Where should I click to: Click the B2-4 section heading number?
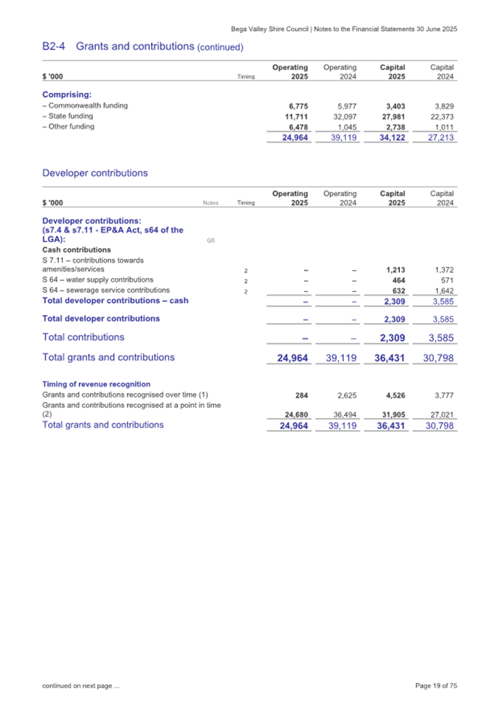pos(56,46)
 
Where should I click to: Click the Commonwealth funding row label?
pos(85,105)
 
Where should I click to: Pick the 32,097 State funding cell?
pos(344,117)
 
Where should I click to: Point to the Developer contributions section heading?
pos(95,173)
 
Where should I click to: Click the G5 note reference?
pos(211,241)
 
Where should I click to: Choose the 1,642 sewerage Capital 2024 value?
pos(443,291)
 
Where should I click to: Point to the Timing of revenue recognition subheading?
pos(97,384)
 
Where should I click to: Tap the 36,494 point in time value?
pos(344,414)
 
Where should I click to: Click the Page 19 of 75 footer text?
pos(436,686)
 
